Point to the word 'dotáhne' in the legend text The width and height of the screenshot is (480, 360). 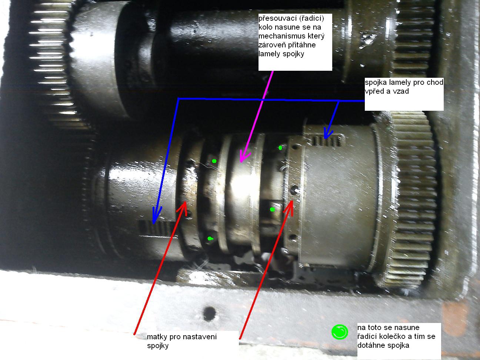point(371,345)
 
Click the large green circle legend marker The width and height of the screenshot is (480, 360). point(340,332)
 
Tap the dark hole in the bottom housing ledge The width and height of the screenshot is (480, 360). point(209,314)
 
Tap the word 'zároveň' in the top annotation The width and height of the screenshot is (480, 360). point(271,45)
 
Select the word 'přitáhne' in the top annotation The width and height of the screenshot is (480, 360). point(301,45)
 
